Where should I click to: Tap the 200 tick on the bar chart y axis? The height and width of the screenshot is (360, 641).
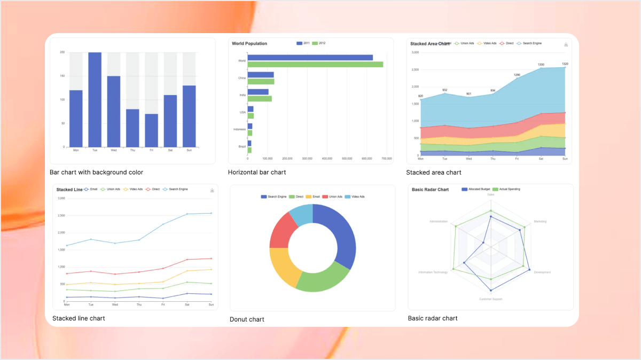(62, 52)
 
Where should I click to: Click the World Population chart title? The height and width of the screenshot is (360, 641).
(249, 43)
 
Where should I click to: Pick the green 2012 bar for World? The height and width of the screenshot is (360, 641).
(315, 64)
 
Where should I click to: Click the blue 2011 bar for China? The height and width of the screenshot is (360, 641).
(261, 75)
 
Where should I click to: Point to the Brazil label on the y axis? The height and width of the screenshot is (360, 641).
(242, 146)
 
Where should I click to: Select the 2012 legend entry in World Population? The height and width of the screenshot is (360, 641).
(319, 43)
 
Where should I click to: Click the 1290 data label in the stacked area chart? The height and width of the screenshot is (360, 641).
(517, 75)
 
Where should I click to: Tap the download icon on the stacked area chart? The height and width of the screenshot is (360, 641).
(566, 44)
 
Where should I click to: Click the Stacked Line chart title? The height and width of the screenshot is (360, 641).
(69, 190)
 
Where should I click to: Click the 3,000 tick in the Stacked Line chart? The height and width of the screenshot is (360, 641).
(61, 198)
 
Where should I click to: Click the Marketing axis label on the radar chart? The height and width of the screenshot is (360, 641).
(540, 221)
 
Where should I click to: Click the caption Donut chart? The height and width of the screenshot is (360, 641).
(247, 319)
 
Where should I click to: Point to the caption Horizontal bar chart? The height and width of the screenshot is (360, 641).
(257, 173)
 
